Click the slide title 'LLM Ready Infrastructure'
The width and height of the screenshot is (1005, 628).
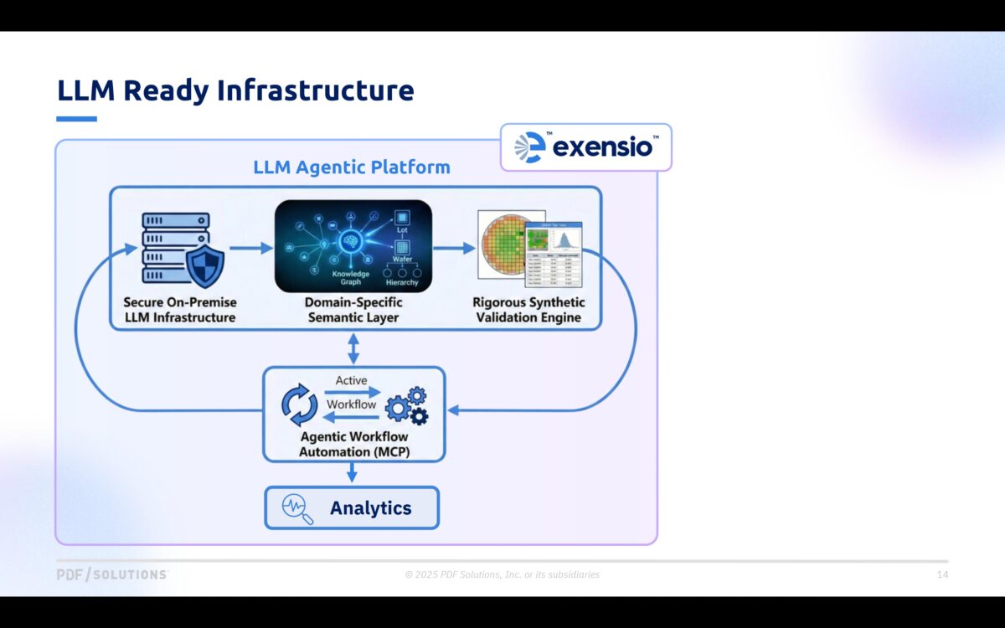point(235,90)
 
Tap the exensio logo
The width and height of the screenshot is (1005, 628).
point(586,147)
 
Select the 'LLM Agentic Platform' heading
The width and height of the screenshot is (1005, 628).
point(352,167)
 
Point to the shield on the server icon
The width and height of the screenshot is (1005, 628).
point(204,265)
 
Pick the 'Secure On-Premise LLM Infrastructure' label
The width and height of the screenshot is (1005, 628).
point(180,310)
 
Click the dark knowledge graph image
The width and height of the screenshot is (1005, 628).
point(353,246)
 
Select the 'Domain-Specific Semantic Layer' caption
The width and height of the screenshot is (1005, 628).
point(353,310)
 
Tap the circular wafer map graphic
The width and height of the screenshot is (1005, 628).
point(502,243)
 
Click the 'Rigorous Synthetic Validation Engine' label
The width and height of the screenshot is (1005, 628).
point(528,310)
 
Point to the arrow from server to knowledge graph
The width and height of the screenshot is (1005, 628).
point(250,248)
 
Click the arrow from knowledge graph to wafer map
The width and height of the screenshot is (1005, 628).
point(454,248)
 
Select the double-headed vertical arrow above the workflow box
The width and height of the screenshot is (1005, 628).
point(353,347)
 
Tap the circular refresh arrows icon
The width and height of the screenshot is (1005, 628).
point(299,405)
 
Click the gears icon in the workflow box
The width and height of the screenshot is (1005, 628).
point(407,406)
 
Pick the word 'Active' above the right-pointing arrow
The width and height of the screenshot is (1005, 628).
point(352,380)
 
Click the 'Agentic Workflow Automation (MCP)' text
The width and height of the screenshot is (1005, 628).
point(353,445)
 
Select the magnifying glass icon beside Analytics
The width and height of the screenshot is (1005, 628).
point(297,508)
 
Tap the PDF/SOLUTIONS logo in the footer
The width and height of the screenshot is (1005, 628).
point(112,574)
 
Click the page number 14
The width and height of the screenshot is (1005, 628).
point(942,574)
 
